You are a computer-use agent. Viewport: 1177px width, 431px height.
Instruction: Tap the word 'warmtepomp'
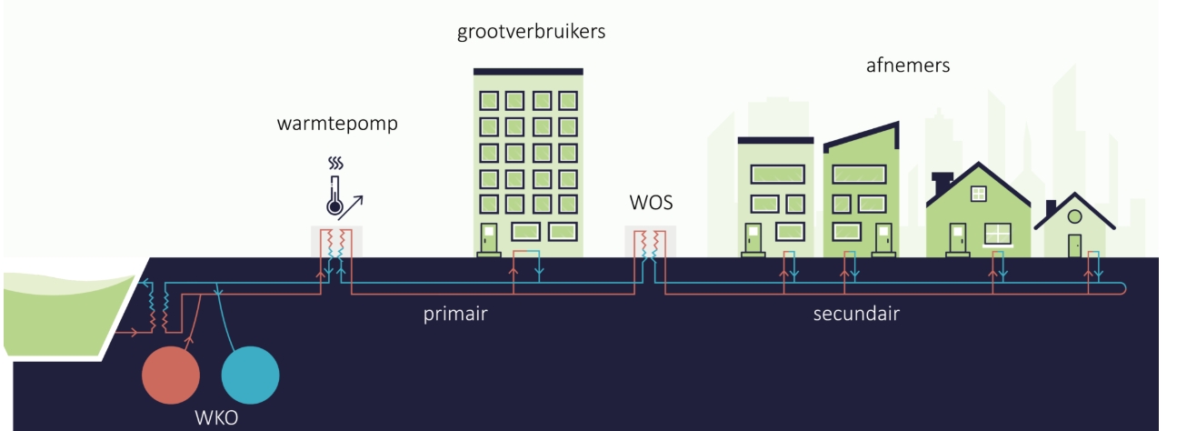coord(337,125)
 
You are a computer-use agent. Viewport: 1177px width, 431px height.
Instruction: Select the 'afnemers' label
coord(908,65)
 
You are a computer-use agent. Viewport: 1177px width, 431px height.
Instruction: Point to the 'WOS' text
coord(651,202)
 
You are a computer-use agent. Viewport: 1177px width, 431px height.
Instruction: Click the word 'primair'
coord(457,316)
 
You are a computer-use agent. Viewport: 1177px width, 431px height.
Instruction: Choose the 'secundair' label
coord(856,316)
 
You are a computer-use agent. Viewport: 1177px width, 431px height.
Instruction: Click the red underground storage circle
coord(172,376)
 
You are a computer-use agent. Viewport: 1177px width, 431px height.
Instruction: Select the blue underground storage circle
coord(250,376)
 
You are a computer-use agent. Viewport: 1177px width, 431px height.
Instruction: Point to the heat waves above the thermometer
coord(335,165)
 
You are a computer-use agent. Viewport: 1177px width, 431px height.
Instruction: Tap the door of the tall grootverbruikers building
coord(488,238)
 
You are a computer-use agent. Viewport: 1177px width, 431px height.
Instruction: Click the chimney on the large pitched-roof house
coord(942,182)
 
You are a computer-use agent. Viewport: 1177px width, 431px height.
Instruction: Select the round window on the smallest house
coord(1074,216)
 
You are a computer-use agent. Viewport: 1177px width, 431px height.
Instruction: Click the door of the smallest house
coord(1074,245)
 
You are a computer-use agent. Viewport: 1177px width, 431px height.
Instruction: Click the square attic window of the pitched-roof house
coord(978,194)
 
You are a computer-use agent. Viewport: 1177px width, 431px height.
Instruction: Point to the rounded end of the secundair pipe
coord(1125,288)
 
